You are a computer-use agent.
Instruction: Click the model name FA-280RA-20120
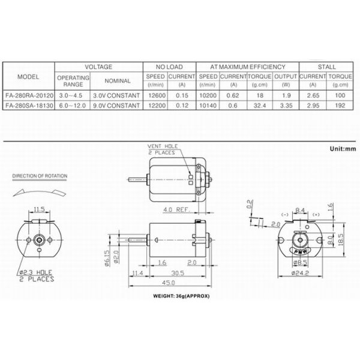click(28, 95)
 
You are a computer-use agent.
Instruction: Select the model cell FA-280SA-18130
click(28, 106)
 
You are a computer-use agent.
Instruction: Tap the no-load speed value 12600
click(155, 95)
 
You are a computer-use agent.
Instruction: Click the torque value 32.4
click(260, 106)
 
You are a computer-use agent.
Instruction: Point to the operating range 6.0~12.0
click(72, 106)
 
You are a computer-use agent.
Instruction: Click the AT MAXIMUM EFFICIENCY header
click(248, 67)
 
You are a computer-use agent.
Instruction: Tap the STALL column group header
click(326, 67)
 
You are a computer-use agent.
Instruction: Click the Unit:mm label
click(343, 148)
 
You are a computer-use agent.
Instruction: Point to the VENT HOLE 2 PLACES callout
click(162, 149)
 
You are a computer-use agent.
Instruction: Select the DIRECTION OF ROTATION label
click(40, 176)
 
